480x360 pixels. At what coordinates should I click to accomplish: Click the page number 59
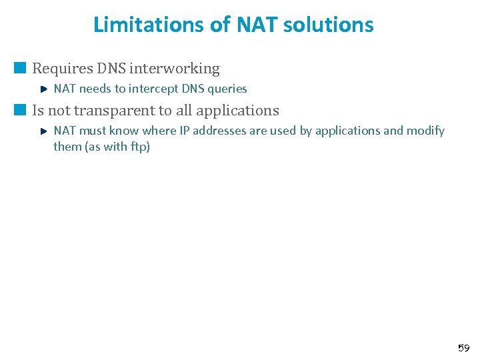point(463,348)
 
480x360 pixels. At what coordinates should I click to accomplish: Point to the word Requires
point(59,68)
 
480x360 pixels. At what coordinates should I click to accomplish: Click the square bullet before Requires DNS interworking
point(21,67)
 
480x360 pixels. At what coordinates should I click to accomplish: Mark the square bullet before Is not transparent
point(21,109)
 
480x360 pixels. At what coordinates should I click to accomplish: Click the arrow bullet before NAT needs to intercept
point(43,89)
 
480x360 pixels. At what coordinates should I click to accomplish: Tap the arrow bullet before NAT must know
point(43,131)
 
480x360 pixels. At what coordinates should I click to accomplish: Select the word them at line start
point(67,147)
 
